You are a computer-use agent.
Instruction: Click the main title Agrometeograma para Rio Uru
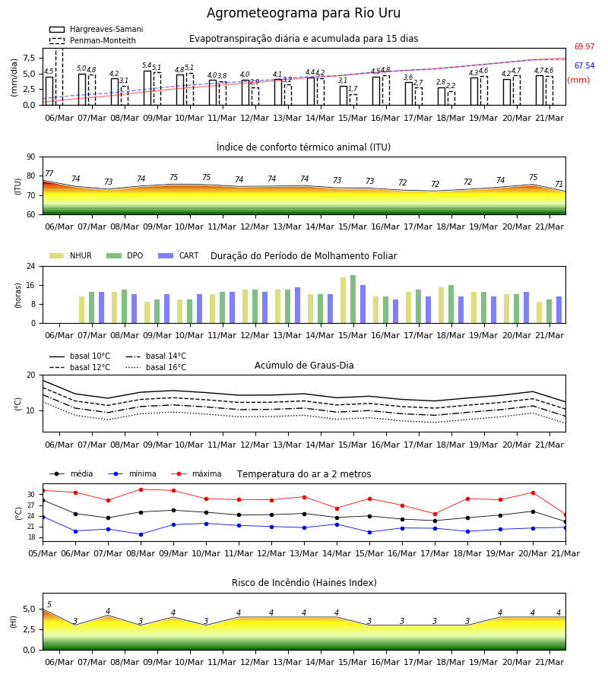click(303, 13)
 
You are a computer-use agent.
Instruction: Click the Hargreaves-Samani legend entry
click(96, 29)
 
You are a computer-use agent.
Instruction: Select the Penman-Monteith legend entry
click(93, 40)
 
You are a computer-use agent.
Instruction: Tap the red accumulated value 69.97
click(584, 46)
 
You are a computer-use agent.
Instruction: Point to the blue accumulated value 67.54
click(584, 66)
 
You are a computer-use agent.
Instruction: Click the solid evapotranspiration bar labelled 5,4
click(147, 87)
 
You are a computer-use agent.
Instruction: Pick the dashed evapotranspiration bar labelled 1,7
click(353, 100)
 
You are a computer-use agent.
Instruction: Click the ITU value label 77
click(49, 173)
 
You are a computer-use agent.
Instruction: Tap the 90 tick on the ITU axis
click(31, 157)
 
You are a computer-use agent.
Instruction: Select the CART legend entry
click(179, 255)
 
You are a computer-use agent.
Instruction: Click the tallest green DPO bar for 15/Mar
click(353, 299)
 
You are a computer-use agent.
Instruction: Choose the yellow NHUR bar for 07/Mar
click(81, 310)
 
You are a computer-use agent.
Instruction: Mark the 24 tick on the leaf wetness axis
click(31, 266)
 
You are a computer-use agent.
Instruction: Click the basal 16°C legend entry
click(156, 367)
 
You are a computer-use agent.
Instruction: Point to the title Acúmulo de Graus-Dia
click(304, 365)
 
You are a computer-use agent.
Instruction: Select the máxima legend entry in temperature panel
click(196, 473)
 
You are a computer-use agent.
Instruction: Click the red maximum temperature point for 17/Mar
click(435, 514)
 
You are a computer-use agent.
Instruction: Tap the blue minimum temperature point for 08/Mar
click(141, 534)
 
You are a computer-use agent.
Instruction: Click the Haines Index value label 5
click(49, 604)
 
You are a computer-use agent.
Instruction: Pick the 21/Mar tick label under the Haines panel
click(549, 662)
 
